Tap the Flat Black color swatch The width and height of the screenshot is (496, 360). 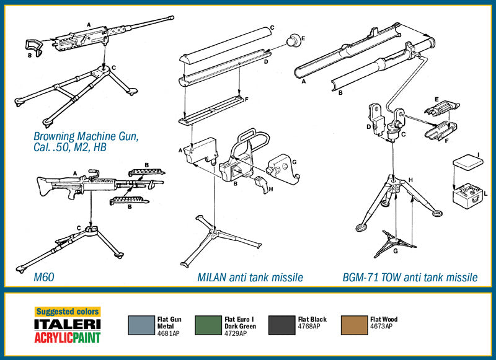point(281,325)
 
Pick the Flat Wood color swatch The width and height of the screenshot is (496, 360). point(353,325)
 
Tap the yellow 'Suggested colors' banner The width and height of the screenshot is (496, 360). point(67,312)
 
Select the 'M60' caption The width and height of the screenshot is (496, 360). point(44,277)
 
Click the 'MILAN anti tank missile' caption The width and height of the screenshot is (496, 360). point(250,278)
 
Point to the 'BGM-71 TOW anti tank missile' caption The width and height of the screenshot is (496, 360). point(410,278)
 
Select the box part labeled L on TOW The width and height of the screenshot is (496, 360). point(464,198)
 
